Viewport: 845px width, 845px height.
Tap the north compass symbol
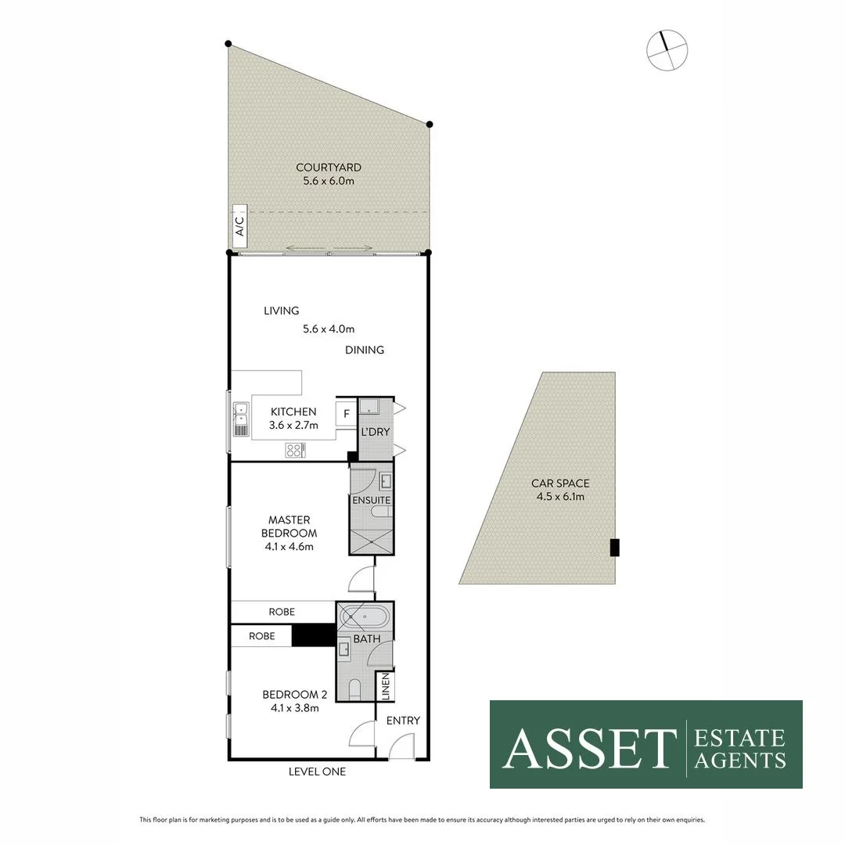click(667, 51)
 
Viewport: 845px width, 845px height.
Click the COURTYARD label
click(328, 167)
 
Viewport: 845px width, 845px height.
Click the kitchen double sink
click(241, 419)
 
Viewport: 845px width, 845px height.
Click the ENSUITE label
click(371, 500)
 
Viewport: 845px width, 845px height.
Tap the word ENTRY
click(404, 721)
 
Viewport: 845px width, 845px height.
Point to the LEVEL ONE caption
click(317, 771)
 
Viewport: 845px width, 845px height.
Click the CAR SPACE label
click(560, 484)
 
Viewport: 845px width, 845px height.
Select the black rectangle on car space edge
click(614, 548)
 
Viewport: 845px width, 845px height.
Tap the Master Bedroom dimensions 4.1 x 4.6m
click(289, 546)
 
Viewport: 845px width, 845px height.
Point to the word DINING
click(365, 350)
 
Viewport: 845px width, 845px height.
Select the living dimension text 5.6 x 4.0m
click(329, 329)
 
